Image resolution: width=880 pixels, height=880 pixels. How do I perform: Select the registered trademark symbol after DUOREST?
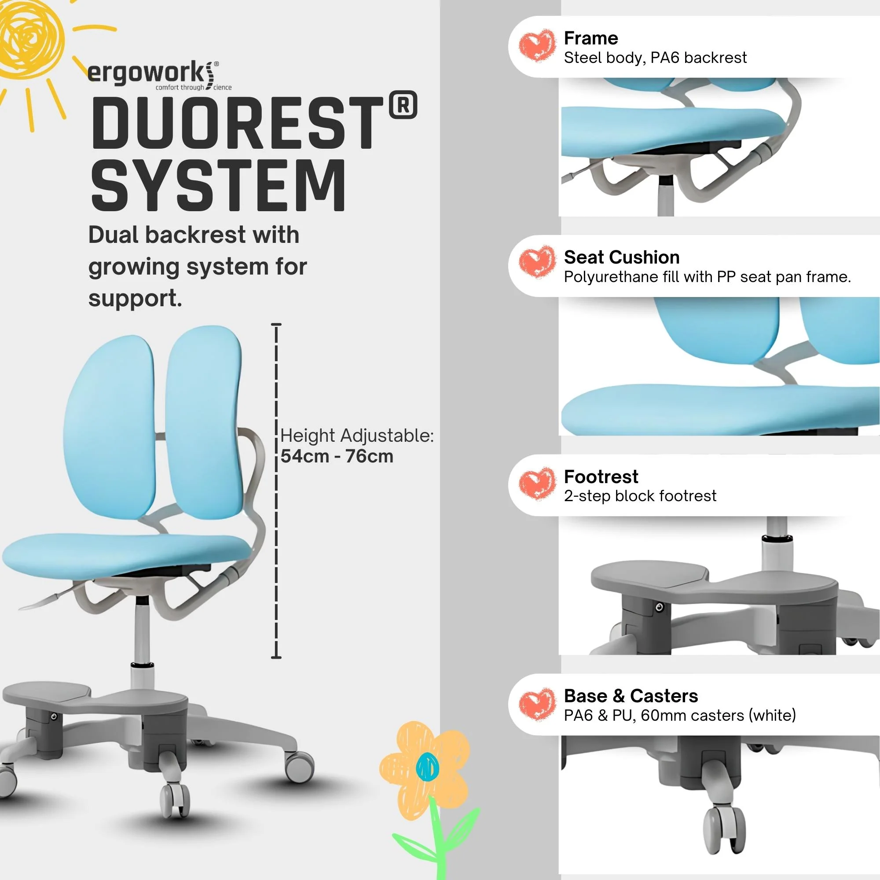pyautogui.click(x=403, y=106)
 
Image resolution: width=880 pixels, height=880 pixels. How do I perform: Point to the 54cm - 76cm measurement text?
pyautogui.click(x=337, y=456)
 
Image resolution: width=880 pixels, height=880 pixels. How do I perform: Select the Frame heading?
pyautogui.click(x=591, y=38)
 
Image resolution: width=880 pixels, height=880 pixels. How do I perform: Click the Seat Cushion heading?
pyautogui.click(x=621, y=257)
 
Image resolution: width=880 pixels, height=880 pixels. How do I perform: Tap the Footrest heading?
pyautogui.click(x=601, y=477)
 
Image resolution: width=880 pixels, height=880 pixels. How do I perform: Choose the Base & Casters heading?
pyautogui.click(x=631, y=696)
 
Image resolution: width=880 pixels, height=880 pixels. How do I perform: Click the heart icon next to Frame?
pyautogui.click(x=537, y=46)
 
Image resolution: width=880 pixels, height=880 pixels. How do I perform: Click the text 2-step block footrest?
pyautogui.click(x=639, y=496)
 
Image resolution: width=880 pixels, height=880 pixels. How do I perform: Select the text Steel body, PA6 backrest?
pyautogui.click(x=655, y=58)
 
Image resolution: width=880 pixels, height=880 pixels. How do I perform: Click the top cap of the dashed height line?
pyautogui.click(x=276, y=324)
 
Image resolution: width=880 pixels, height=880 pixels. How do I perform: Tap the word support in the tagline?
pyautogui.click(x=135, y=299)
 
